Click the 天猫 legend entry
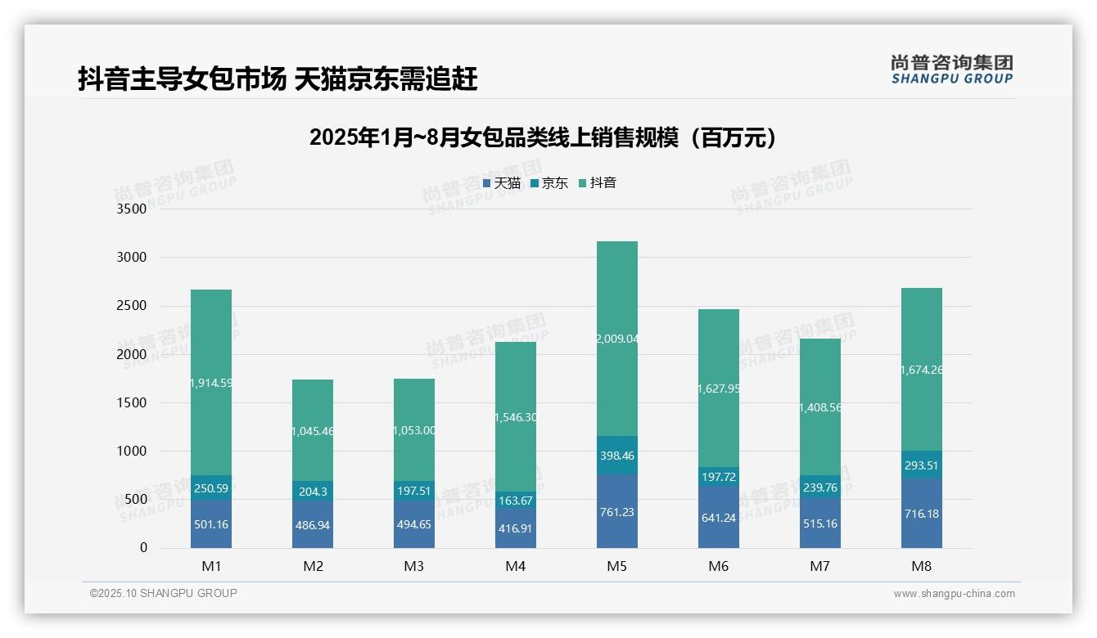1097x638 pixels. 502,183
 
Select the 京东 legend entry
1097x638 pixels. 549,183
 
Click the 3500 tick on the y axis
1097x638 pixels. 131,209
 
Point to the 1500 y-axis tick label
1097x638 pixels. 131,402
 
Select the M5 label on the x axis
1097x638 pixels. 616,566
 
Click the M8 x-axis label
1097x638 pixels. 921,566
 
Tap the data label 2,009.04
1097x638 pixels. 616,338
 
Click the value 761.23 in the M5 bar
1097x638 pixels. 616,513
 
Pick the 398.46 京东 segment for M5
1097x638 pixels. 616,456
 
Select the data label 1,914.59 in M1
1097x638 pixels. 210,383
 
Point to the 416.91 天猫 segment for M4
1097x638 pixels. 515,528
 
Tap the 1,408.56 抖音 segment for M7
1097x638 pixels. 819,407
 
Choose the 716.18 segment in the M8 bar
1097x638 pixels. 921,513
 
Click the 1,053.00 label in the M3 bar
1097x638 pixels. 413,430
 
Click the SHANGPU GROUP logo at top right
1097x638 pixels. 951,70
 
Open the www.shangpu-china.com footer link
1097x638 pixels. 954,594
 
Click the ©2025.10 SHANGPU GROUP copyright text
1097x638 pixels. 164,594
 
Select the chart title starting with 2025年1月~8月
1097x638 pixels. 542,138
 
